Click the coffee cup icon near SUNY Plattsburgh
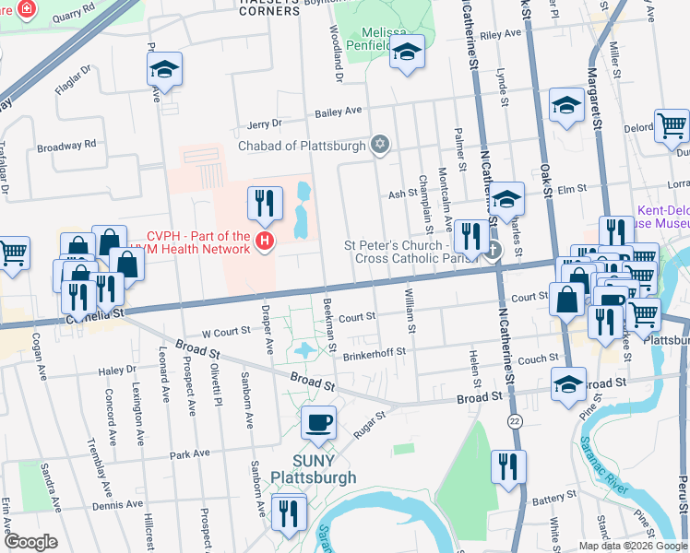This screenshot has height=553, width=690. [x=319, y=422]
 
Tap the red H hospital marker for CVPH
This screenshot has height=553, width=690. [x=265, y=243]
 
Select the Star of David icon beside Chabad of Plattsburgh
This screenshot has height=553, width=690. [x=378, y=145]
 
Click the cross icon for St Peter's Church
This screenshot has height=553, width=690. [x=493, y=250]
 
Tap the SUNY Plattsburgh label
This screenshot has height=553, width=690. [x=313, y=469]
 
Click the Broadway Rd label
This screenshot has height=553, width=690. [x=66, y=145]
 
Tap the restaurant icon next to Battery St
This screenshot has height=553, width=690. [x=507, y=466]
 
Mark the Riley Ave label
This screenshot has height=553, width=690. [x=500, y=34]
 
